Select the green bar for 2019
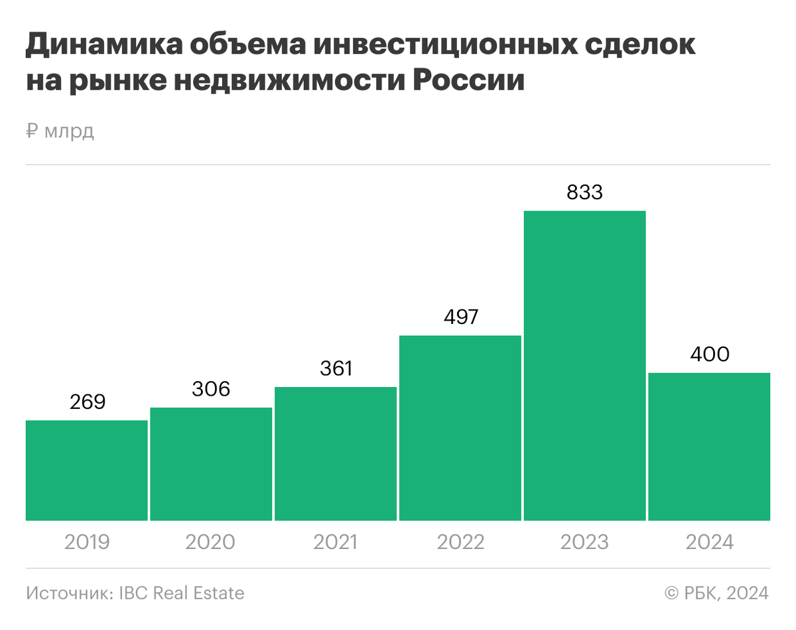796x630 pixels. click(86, 471)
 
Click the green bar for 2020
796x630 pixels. click(211, 464)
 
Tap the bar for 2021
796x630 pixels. click(336, 454)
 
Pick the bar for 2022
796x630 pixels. click(460, 428)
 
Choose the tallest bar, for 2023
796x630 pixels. click(584, 366)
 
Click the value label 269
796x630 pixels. click(88, 402)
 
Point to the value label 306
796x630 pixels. click(211, 389)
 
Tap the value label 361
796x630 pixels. click(336, 368)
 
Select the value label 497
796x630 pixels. click(460, 317)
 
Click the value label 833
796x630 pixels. click(584, 193)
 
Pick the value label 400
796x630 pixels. click(709, 354)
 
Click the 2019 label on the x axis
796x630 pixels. click(87, 542)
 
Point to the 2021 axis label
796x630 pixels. click(336, 542)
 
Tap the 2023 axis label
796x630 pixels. click(584, 542)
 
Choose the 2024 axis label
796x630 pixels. click(709, 542)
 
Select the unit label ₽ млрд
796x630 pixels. click(60, 131)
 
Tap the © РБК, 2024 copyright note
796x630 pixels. click(716, 593)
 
